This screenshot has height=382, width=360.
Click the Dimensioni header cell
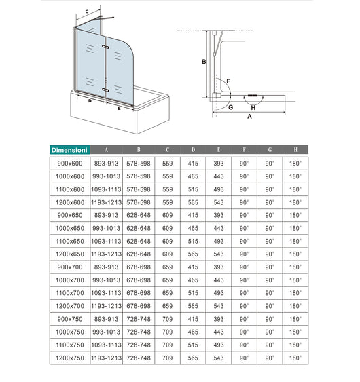(69, 150)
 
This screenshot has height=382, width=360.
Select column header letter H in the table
(295, 150)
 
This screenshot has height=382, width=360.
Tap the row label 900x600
(69, 164)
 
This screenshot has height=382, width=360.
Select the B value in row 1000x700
(139, 280)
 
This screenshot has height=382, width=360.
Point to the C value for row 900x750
(167, 318)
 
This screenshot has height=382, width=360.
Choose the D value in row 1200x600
(193, 202)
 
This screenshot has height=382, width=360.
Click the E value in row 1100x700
(219, 292)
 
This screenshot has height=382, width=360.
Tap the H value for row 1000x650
(295, 228)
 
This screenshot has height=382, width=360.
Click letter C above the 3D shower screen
(87, 12)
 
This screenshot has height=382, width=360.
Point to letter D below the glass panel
(90, 100)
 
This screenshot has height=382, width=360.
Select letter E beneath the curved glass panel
(119, 107)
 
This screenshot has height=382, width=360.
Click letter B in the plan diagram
(203, 62)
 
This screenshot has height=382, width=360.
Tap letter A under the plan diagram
(249, 117)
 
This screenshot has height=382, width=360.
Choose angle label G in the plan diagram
(231, 107)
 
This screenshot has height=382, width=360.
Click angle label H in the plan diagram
(253, 107)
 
